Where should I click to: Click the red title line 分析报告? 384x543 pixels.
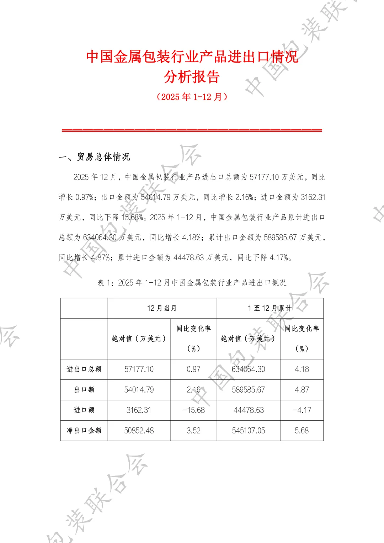[x=192, y=77]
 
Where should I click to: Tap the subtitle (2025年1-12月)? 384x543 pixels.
[x=192, y=97]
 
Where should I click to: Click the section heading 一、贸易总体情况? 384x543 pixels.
[x=95, y=157]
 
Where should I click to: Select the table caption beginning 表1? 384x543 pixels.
[x=192, y=283]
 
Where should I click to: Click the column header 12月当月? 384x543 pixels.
[x=162, y=308]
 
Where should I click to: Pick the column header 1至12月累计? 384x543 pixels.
[x=270, y=308]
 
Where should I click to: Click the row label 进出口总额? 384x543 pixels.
[x=84, y=369]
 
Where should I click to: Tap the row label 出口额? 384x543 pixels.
[x=84, y=390]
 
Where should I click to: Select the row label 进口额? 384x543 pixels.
[x=84, y=410]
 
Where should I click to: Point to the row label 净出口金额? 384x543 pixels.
[x=84, y=431]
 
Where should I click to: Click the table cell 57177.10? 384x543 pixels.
[x=139, y=369]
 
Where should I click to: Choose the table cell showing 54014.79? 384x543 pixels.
[x=139, y=390]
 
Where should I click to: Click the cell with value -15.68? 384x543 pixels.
[x=193, y=410]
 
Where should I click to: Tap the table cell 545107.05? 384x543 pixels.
[x=248, y=431]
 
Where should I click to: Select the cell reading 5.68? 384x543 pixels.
[x=302, y=431]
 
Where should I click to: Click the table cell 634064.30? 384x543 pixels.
[x=248, y=369]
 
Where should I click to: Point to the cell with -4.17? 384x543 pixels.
[x=302, y=410]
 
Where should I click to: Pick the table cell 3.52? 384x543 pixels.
[x=193, y=431]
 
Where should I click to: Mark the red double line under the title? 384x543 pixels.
[x=192, y=131]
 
